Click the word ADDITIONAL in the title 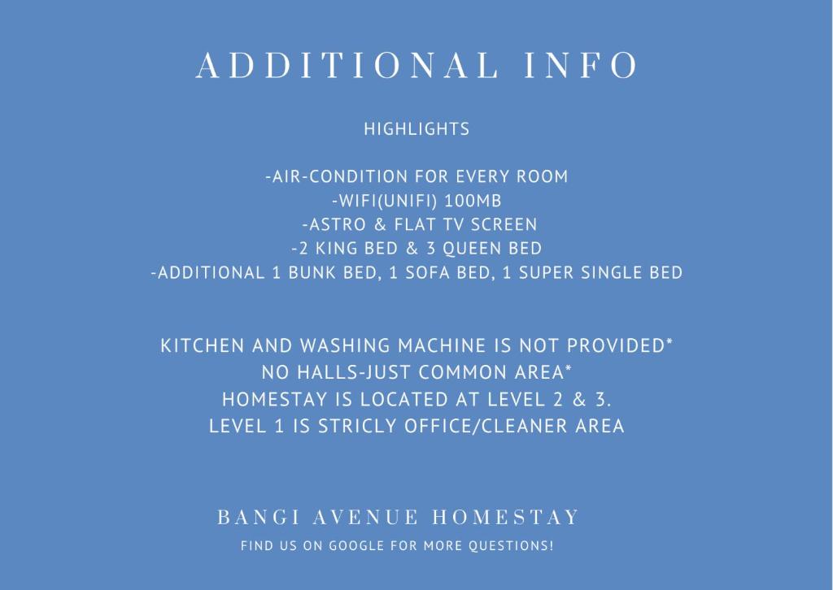pyautogui.click(x=347, y=65)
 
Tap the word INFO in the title pyautogui.click(x=581, y=65)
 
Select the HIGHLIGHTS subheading pyautogui.click(x=417, y=129)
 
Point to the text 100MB pyautogui.click(x=473, y=201)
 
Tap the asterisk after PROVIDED pyautogui.click(x=669, y=341)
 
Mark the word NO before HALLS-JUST pyautogui.click(x=275, y=372)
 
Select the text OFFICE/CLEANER pyautogui.click(x=486, y=426)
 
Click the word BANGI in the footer pyautogui.click(x=259, y=517)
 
